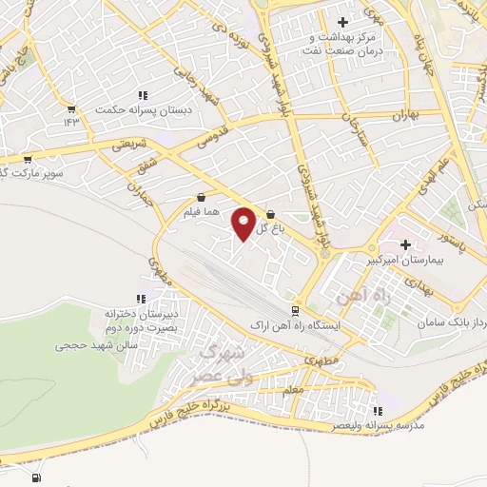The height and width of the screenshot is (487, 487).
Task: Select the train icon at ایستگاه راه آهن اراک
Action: [295, 310]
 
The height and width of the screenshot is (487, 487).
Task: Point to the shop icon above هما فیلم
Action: [200, 198]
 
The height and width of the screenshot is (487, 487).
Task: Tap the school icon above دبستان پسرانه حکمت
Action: [144, 94]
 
